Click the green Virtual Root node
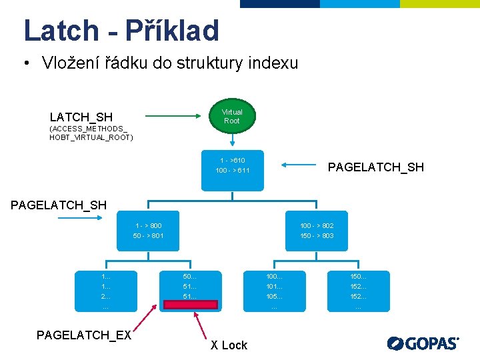pos(232,117)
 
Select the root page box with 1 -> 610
pos(232,166)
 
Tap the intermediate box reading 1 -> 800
pos(148,231)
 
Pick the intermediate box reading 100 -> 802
pos(317,231)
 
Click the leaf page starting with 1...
pos(106,291)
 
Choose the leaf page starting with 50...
pos(190,287)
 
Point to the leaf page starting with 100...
pos(274,291)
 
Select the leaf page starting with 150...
pos(358,291)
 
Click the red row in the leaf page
pos(190,305)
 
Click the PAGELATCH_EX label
pos(84,335)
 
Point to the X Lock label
pos(229,345)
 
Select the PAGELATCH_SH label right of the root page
pos(375,167)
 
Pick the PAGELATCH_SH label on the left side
pos(59,205)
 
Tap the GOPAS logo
pos(423,343)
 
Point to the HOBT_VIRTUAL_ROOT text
pos(91,137)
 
